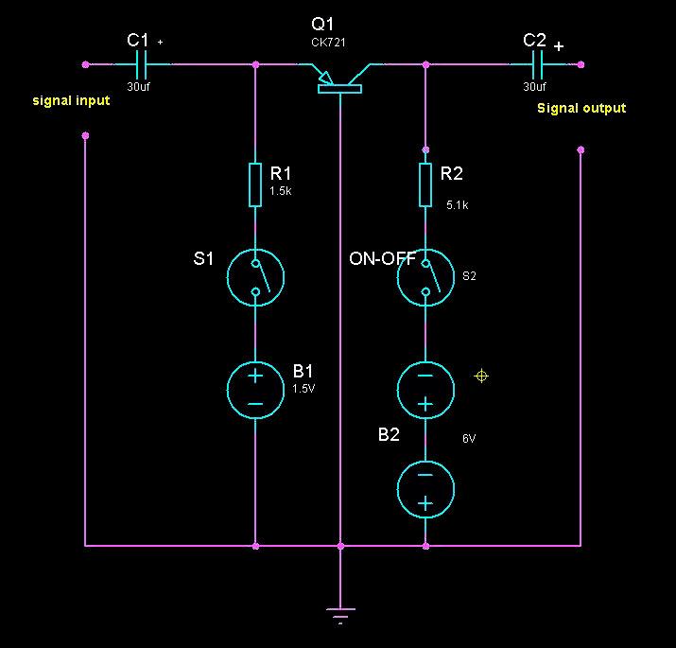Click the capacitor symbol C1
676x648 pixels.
(142, 64)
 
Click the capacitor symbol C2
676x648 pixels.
(539, 64)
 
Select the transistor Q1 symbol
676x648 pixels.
(339, 81)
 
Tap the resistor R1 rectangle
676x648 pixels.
(255, 184)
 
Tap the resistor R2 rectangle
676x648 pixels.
(425, 184)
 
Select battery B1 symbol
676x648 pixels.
(255, 389)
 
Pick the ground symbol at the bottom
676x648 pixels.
(340, 612)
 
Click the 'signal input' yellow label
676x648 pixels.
(71, 100)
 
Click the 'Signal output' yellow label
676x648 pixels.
(581, 108)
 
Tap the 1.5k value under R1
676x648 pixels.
(281, 190)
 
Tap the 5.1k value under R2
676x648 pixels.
(458, 203)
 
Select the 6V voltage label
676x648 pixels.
(469, 439)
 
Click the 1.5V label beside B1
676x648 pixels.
(303, 388)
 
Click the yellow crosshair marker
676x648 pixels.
(480, 377)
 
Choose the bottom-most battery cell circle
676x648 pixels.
(425, 490)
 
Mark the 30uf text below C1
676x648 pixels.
(138, 87)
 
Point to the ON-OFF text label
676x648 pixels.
(383, 258)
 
